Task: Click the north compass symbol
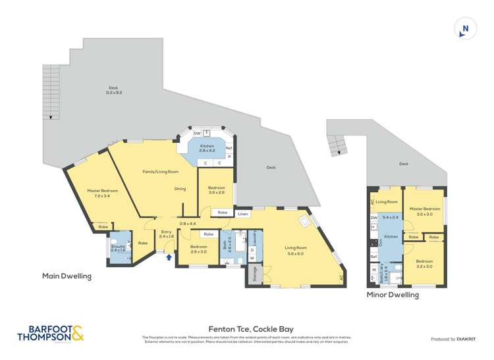[465, 28]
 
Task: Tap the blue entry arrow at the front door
[169, 257]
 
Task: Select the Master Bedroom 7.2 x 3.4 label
[102, 193]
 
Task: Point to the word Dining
[180, 189]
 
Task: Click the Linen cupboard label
[243, 213]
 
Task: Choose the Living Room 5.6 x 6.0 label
[296, 250]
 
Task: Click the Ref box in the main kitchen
[229, 148]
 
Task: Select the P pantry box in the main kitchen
[229, 157]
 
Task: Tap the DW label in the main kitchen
[197, 133]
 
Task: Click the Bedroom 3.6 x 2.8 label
[217, 190]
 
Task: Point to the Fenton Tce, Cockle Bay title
[251, 328]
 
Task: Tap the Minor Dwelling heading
[393, 296]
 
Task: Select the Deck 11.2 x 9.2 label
[115, 90]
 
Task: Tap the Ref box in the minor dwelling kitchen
[373, 257]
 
